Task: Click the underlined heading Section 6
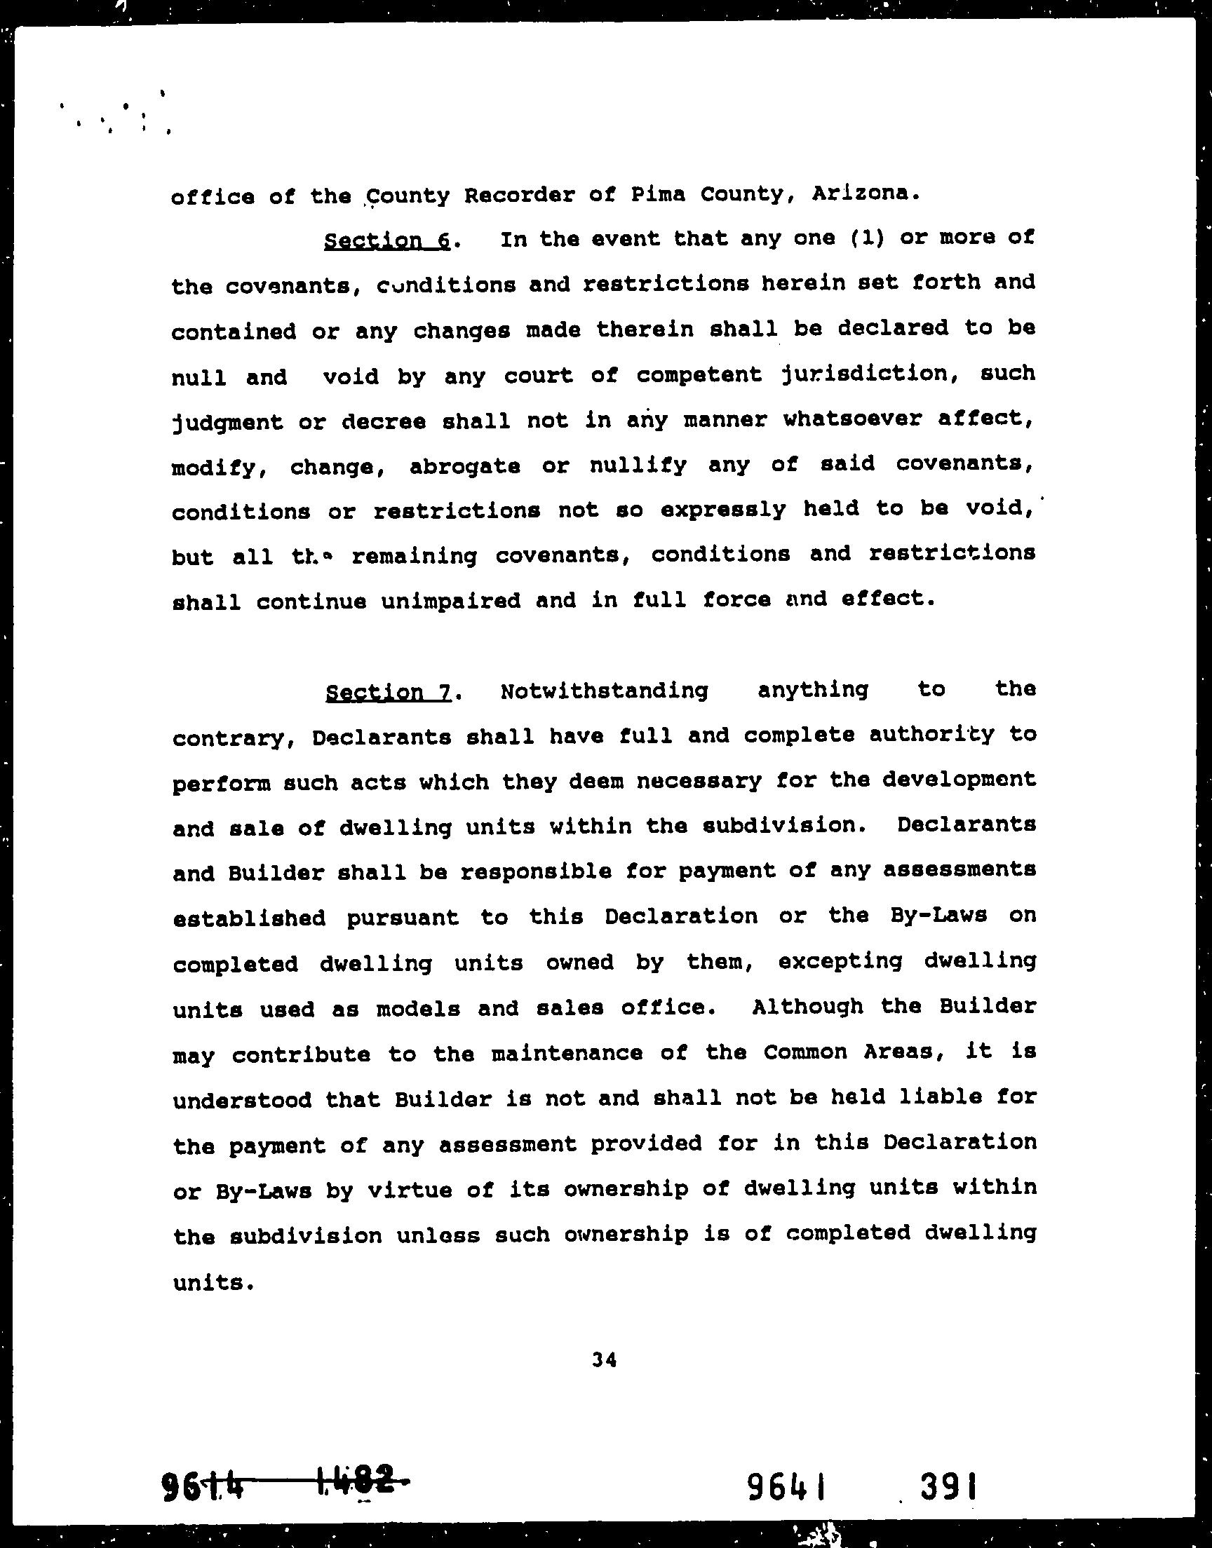click(x=387, y=241)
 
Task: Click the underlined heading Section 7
click(x=389, y=692)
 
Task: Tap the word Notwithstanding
click(x=604, y=691)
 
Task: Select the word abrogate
click(x=465, y=467)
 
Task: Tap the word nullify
click(x=638, y=466)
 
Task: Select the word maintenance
click(x=567, y=1053)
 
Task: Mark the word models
click(x=418, y=1008)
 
